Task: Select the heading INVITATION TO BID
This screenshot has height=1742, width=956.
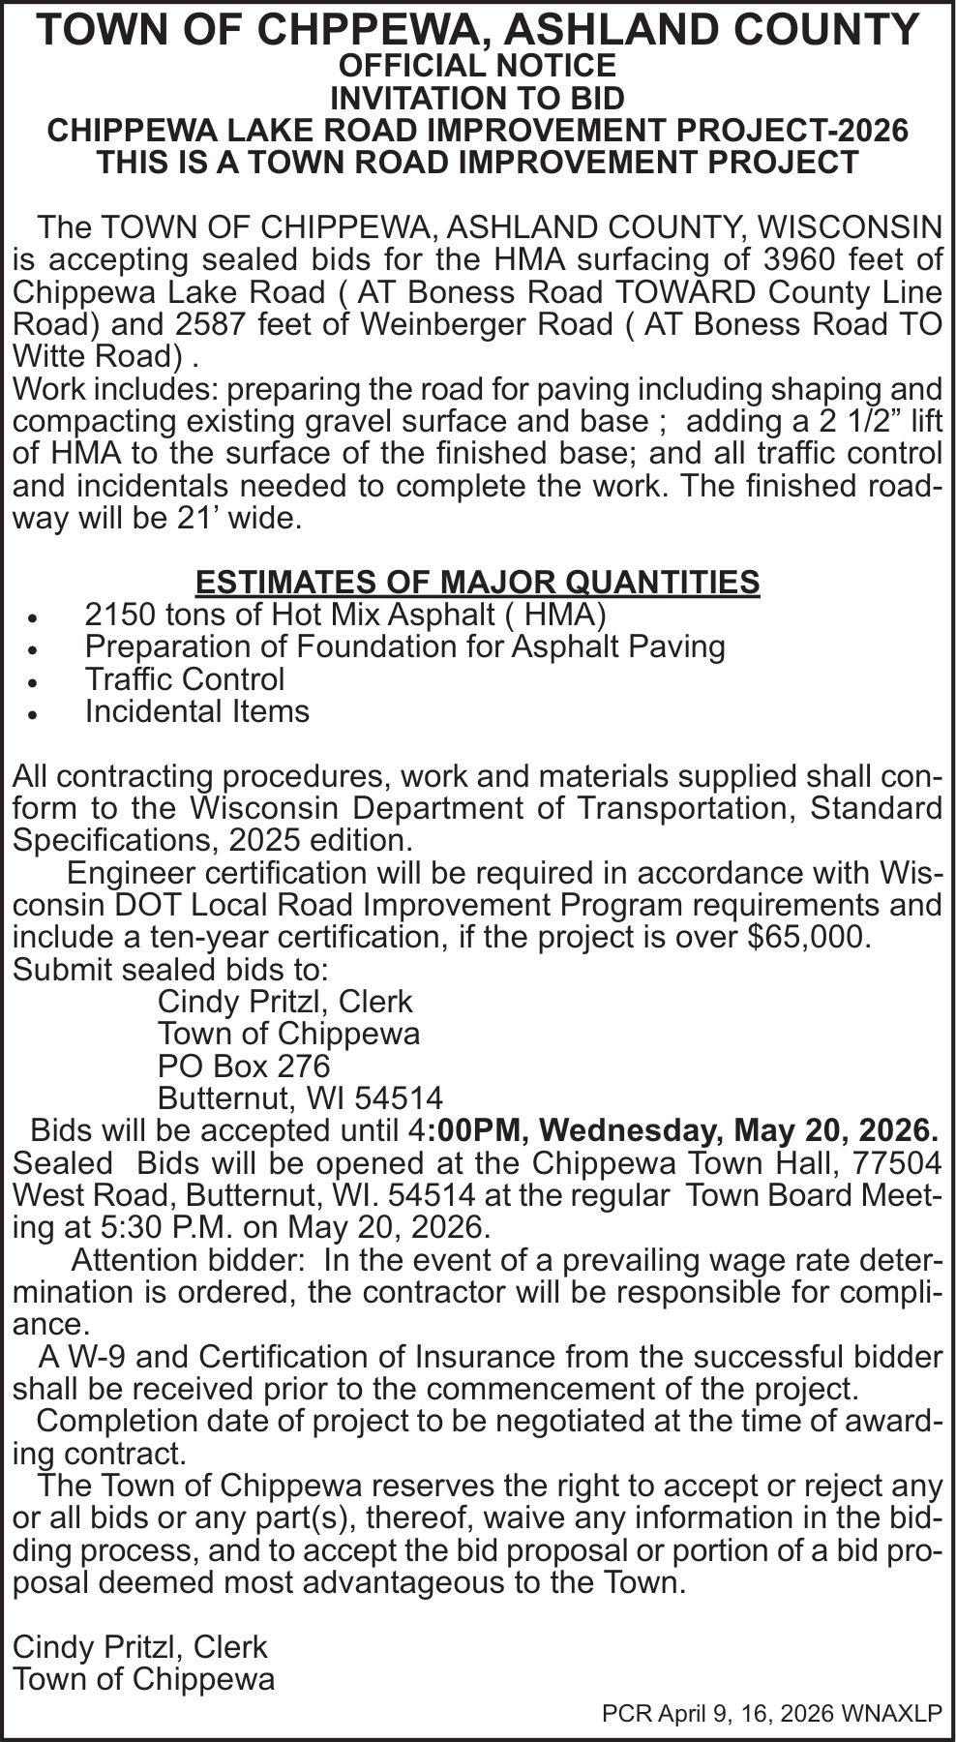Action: pyautogui.click(x=477, y=98)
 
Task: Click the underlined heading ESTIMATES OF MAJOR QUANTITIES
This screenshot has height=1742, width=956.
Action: pyautogui.click(x=477, y=582)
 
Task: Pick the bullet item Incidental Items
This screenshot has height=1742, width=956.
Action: pyautogui.click(x=197, y=711)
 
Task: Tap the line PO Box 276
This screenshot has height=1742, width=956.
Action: pyautogui.click(x=244, y=1066)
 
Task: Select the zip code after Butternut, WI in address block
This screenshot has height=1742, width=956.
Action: pyautogui.click(x=399, y=1098)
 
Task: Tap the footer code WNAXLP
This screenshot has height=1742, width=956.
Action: pyautogui.click(x=891, y=1713)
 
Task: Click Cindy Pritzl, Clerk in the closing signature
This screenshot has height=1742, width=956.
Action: pyautogui.click(x=139, y=1647)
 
